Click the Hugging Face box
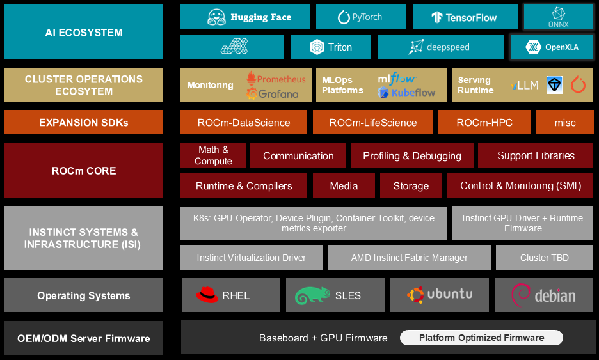[x=244, y=17]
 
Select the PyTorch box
[x=361, y=17]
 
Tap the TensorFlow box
[x=465, y=17]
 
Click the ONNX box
[x=558, y=17]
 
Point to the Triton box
[x=331, y=47]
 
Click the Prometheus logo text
[x=276, y=79]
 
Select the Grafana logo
[x=273, y=94]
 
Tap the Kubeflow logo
[x=407, y=93]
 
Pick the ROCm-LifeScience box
[x=373, y=122]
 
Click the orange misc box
[x=564, y=122]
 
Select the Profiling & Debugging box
[x=411, y=155]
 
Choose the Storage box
[x=411, y=185]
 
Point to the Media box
[x=344, y=185]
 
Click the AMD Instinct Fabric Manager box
[x=409, y=258]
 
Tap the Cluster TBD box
[x=544, y=258]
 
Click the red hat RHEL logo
[x=207, y=295]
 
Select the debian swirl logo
[x=520, y=294]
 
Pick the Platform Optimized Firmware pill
[x=481, y=338]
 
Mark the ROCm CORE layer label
[x=84, y=171]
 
